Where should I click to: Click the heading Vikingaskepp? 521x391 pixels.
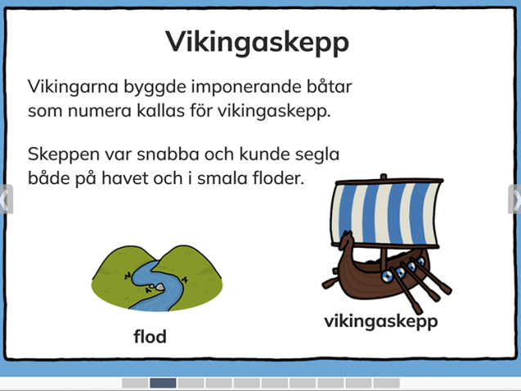(x=257, y=41)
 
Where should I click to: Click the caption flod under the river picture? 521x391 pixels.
(x=150, y=336)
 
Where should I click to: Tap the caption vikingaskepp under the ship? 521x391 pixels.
(x=380, y=321)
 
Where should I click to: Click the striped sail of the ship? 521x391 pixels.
(x=384, y=214)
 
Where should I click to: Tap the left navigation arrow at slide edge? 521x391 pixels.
(x=5, y=199)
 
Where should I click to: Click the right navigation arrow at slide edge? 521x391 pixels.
(x=515, y=199)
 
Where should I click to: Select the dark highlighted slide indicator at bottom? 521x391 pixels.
(x=163, y=383)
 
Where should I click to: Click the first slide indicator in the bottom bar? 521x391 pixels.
(x=135, y=383)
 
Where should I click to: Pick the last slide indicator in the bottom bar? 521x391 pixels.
(x=386, y=383)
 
